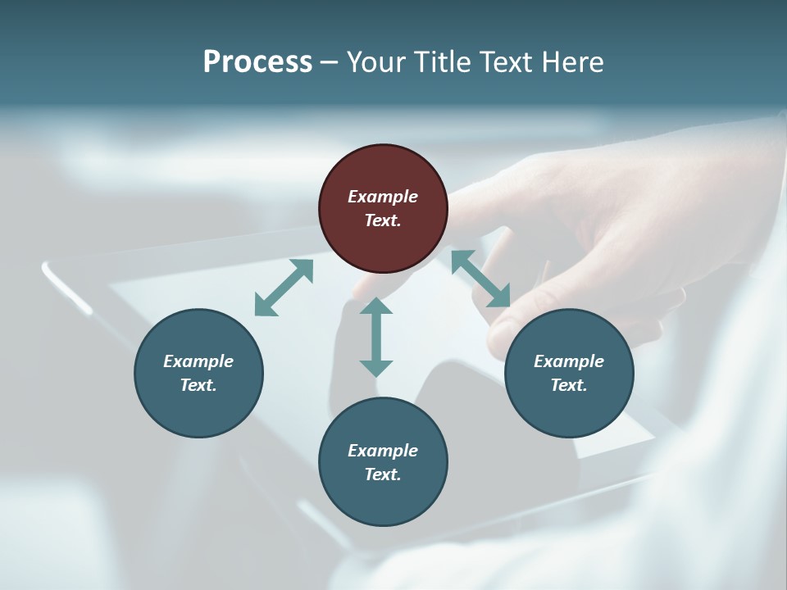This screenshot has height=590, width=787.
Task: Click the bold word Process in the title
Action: click(x=257, y=62)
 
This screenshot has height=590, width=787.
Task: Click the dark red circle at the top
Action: click(x=383, y=208)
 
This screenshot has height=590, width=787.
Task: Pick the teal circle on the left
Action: click(x=198, y=373)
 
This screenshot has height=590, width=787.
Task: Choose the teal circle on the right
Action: click(x=569, y=373)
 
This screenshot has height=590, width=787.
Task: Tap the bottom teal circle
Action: click(x=383, y=462)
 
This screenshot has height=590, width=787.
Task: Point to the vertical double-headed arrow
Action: click(x=376, y=337)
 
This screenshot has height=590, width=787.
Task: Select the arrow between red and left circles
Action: click(x=284, y=288)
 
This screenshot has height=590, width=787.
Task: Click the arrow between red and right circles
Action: click(x=480, y=279)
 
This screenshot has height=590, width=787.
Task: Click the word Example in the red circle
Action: click(x=383, y=197)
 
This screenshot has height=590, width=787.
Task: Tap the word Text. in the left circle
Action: click(x=198, y=385)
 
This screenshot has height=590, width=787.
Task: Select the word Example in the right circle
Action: click(x=569, y=361)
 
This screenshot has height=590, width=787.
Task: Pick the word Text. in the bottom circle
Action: click(x=383, y=474)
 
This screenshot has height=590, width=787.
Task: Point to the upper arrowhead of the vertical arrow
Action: click(x=376, y=306)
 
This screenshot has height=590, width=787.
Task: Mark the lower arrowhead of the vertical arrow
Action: click(x=376, y=368)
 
